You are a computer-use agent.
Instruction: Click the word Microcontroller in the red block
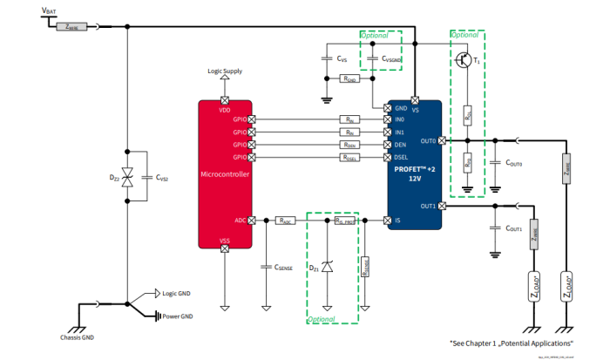pos(225,173)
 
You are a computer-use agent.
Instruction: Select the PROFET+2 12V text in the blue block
pos(414,173)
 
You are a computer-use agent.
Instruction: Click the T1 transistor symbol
pos(464,60)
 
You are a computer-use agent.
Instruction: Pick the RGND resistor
pos(349,79)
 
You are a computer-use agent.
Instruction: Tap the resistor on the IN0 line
pos(349,119)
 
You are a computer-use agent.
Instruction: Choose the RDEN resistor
pos(349,145)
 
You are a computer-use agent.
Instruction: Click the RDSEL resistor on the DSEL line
pos(349,158)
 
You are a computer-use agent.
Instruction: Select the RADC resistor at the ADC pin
pos(285,221)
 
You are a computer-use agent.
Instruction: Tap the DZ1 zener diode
pos(327,266)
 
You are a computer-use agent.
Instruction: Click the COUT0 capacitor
pos(494,163)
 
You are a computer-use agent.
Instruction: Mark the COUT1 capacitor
pos(494,228)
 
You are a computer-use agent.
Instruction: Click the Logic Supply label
pos(225,71)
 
